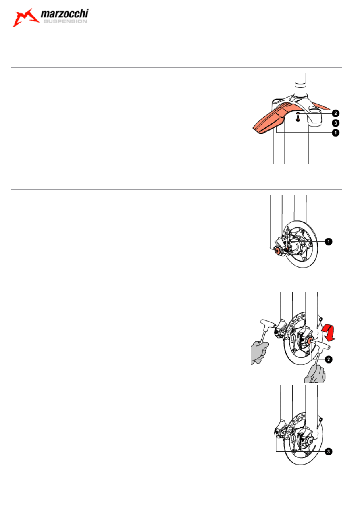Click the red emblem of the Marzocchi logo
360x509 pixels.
point(25,18)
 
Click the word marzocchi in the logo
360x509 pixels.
point(65,14)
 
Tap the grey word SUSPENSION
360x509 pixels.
point(65,21)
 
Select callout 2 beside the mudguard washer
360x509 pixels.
point(335,113)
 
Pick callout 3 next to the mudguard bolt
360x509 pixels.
point(335,123)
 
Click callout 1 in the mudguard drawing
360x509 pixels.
point(335,133)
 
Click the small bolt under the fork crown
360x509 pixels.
point(298,118)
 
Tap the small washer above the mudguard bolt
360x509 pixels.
point(298,113)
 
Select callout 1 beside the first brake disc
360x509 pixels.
point(329,241)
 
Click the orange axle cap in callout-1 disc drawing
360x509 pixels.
point(277,250)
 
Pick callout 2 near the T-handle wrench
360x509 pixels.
point(329,359)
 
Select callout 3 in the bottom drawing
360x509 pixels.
point(329,451)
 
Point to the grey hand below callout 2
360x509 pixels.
point(315,374)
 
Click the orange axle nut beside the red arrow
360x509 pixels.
point(310,341)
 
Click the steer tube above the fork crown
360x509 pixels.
point(300,85)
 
